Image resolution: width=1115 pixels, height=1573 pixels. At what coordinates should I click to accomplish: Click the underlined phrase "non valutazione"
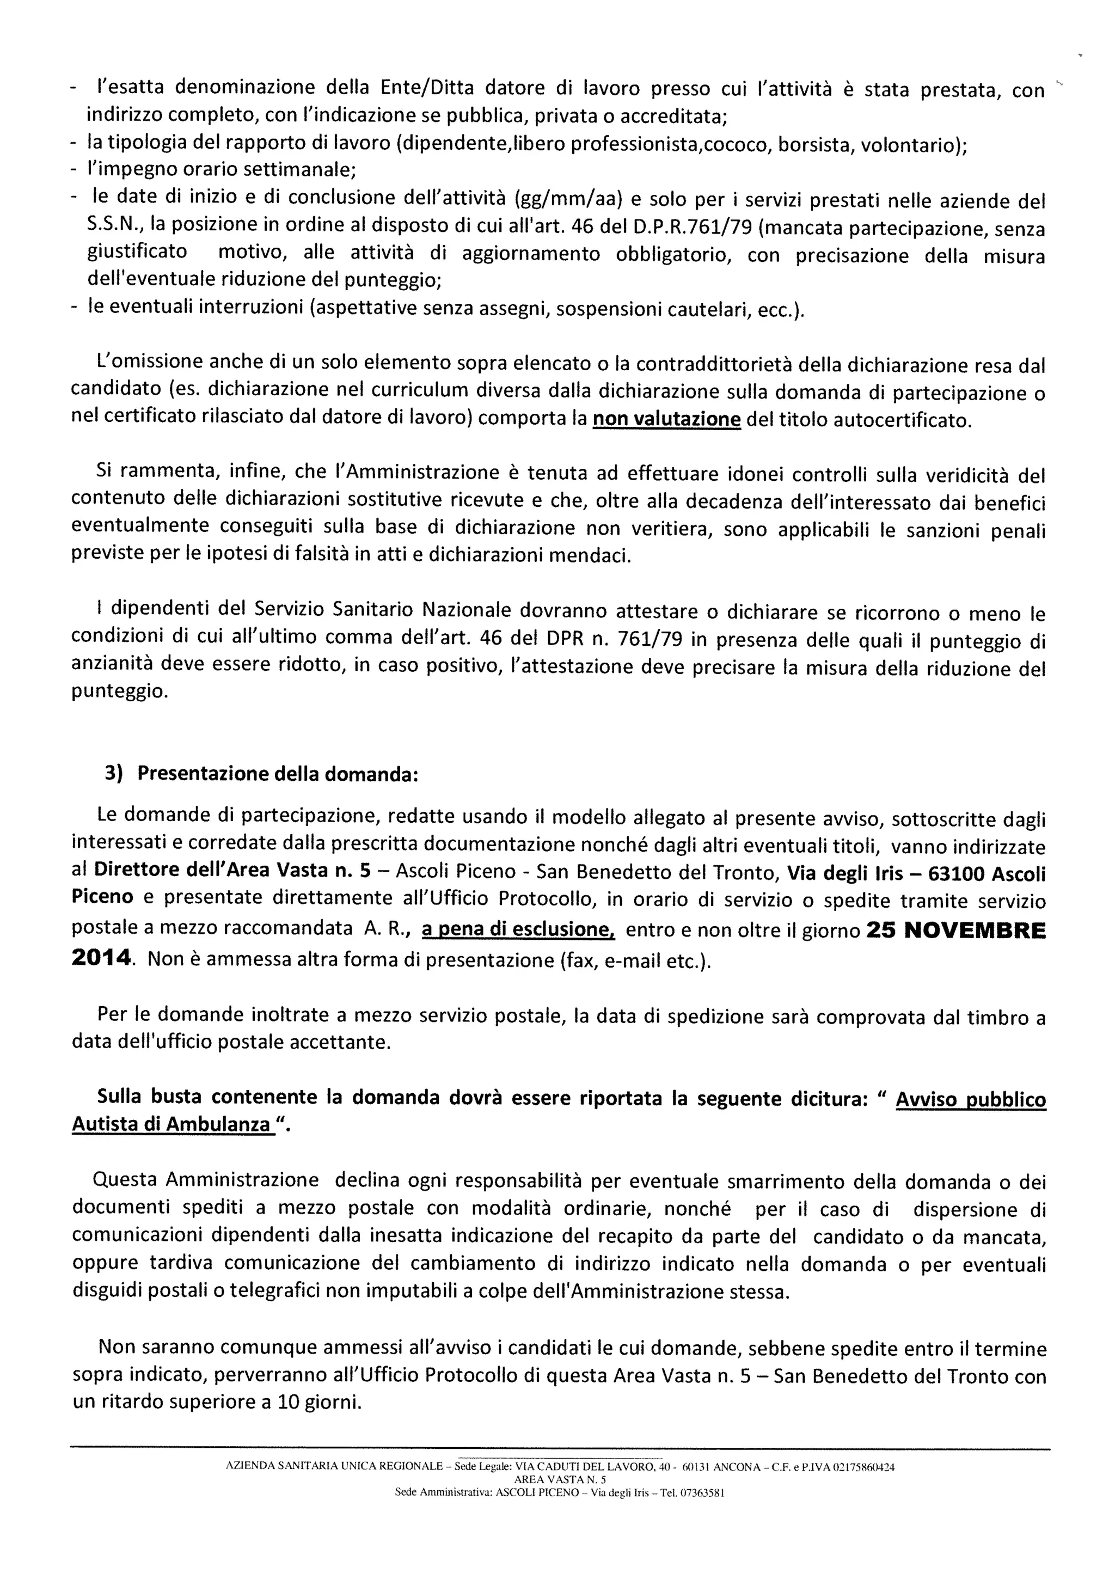point(667,419)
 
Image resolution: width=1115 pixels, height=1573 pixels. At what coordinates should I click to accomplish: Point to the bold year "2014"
point(101,958)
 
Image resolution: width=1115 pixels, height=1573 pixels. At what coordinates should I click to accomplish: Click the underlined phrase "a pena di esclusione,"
point(518,929)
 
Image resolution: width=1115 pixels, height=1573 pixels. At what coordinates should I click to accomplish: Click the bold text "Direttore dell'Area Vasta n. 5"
point(232,870)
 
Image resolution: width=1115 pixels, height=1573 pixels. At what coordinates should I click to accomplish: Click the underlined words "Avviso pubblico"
point(971,1099)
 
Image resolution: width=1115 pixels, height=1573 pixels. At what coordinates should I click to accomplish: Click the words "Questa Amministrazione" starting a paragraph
point(206,1179)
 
